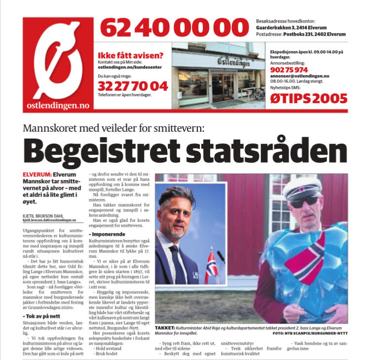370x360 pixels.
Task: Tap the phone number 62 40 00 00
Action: [174, 28]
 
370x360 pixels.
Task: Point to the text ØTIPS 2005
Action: [308, 98]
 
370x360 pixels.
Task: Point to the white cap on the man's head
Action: [302, 186]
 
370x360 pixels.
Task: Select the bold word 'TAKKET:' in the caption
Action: [166, 327]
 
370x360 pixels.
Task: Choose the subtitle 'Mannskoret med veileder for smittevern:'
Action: [113, 129]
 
